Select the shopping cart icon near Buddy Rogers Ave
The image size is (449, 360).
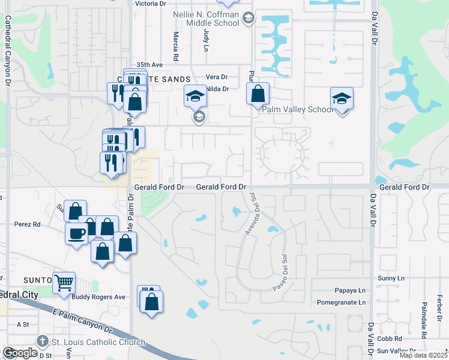pyautogui.click(x=64, y=282)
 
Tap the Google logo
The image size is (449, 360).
pyautogui.click(x=20, y=353)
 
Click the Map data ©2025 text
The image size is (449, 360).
pyautogui.click(x=423, y=355)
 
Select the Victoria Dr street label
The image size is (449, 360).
pyautogui.click(x=151, y=4)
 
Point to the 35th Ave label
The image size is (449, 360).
pyautogui.click(x=149, y=65)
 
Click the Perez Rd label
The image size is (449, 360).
pyautogui.click(x=28, y=224)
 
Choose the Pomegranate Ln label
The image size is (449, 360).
pyautogui.click(x=342, y=303)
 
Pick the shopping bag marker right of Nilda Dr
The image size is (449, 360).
pyautogui.click(x=258, y=94)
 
